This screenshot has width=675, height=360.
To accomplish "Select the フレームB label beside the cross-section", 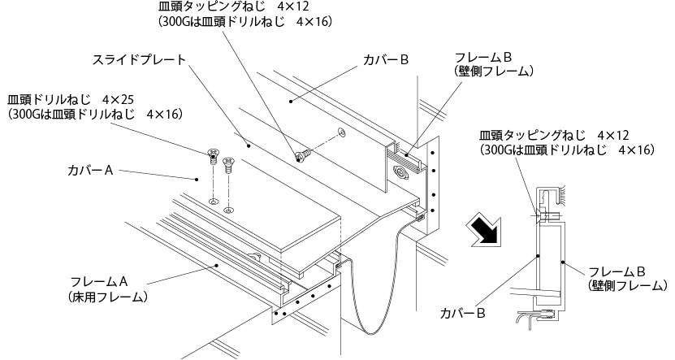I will tap(616, 271).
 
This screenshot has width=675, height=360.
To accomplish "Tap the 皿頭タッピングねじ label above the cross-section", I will tap(532, 134).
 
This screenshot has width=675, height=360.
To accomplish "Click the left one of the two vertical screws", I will tap(214, 153).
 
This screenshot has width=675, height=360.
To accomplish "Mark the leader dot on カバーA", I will tap(196, 177).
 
